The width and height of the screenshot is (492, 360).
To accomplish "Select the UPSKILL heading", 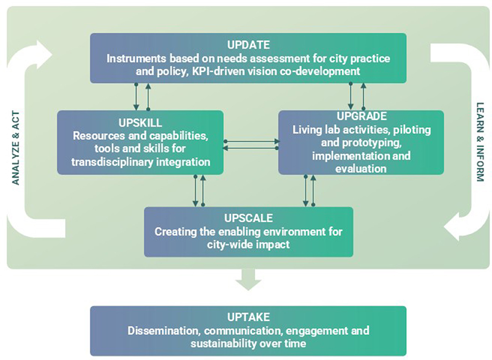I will tap(140, 123).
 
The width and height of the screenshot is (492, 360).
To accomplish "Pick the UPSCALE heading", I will tap(248, 218).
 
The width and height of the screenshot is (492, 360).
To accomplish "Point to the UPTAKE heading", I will tap(248, 317).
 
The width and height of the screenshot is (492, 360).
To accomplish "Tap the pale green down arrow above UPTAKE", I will tap(248, 280).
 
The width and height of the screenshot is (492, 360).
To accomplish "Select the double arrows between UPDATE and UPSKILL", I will tap(142, 96).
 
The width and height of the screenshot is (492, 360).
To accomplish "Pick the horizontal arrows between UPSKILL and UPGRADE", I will tap(251, 144).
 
